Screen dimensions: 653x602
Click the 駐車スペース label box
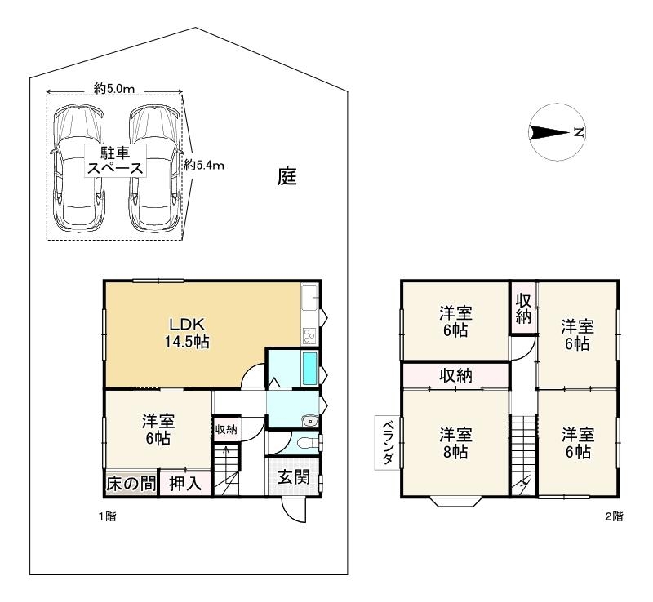click(x=115, y=161)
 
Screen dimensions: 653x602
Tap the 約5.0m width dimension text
click(x=114, y=89)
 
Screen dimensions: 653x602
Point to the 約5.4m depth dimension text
click(x=204, y=166)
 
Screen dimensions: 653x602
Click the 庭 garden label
click(x=287, y=176)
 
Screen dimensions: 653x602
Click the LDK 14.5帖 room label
click(x=187, y=333)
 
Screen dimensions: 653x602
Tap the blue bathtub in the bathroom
click(x=309, y=369)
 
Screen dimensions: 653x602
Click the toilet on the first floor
click(x=309, y=442)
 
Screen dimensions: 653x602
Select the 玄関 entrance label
click(x=294, y=477)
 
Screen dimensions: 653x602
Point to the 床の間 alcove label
click(x=131, y=484)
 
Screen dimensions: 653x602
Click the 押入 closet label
click(x=185, y=484)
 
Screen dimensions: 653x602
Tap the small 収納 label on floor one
click(x=226, y=429)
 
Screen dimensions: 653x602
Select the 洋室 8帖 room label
click(x=455, y=443)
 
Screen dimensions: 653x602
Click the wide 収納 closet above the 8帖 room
click(x=455, y=375)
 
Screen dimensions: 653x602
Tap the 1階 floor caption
click(x=108, y=516)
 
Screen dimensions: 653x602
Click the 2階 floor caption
click(x=615, y=516)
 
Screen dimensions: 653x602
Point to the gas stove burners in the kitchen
click(x=309, y=336)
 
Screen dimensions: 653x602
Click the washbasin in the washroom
click(x=310, y=421)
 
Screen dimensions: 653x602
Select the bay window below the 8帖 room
click(x=455, y=501)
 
